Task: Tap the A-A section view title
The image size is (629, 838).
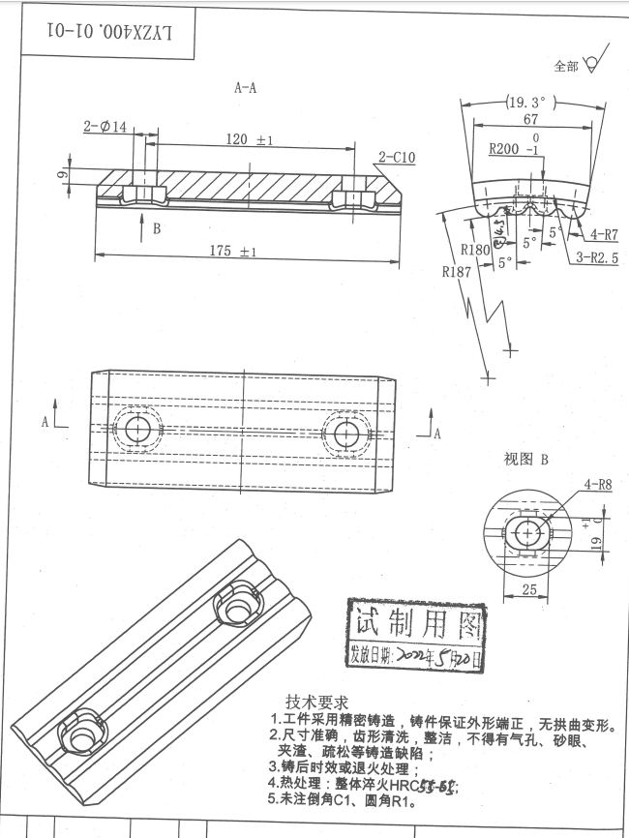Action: coord(246,88)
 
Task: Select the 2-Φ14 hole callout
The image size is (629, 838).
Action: coord(105,127)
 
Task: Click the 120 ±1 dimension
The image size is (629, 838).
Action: coord(250,140)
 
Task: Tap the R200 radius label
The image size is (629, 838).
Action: coord(507,150)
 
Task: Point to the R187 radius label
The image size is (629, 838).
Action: coord(456,272)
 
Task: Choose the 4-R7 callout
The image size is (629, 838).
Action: coord(604,234)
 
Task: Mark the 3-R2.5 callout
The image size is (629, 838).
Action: coord(597,257)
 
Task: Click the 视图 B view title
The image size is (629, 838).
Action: coord(525,460)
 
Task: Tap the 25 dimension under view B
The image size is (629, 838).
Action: coord(527,589)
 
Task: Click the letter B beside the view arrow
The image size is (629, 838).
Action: coord(157,229)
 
